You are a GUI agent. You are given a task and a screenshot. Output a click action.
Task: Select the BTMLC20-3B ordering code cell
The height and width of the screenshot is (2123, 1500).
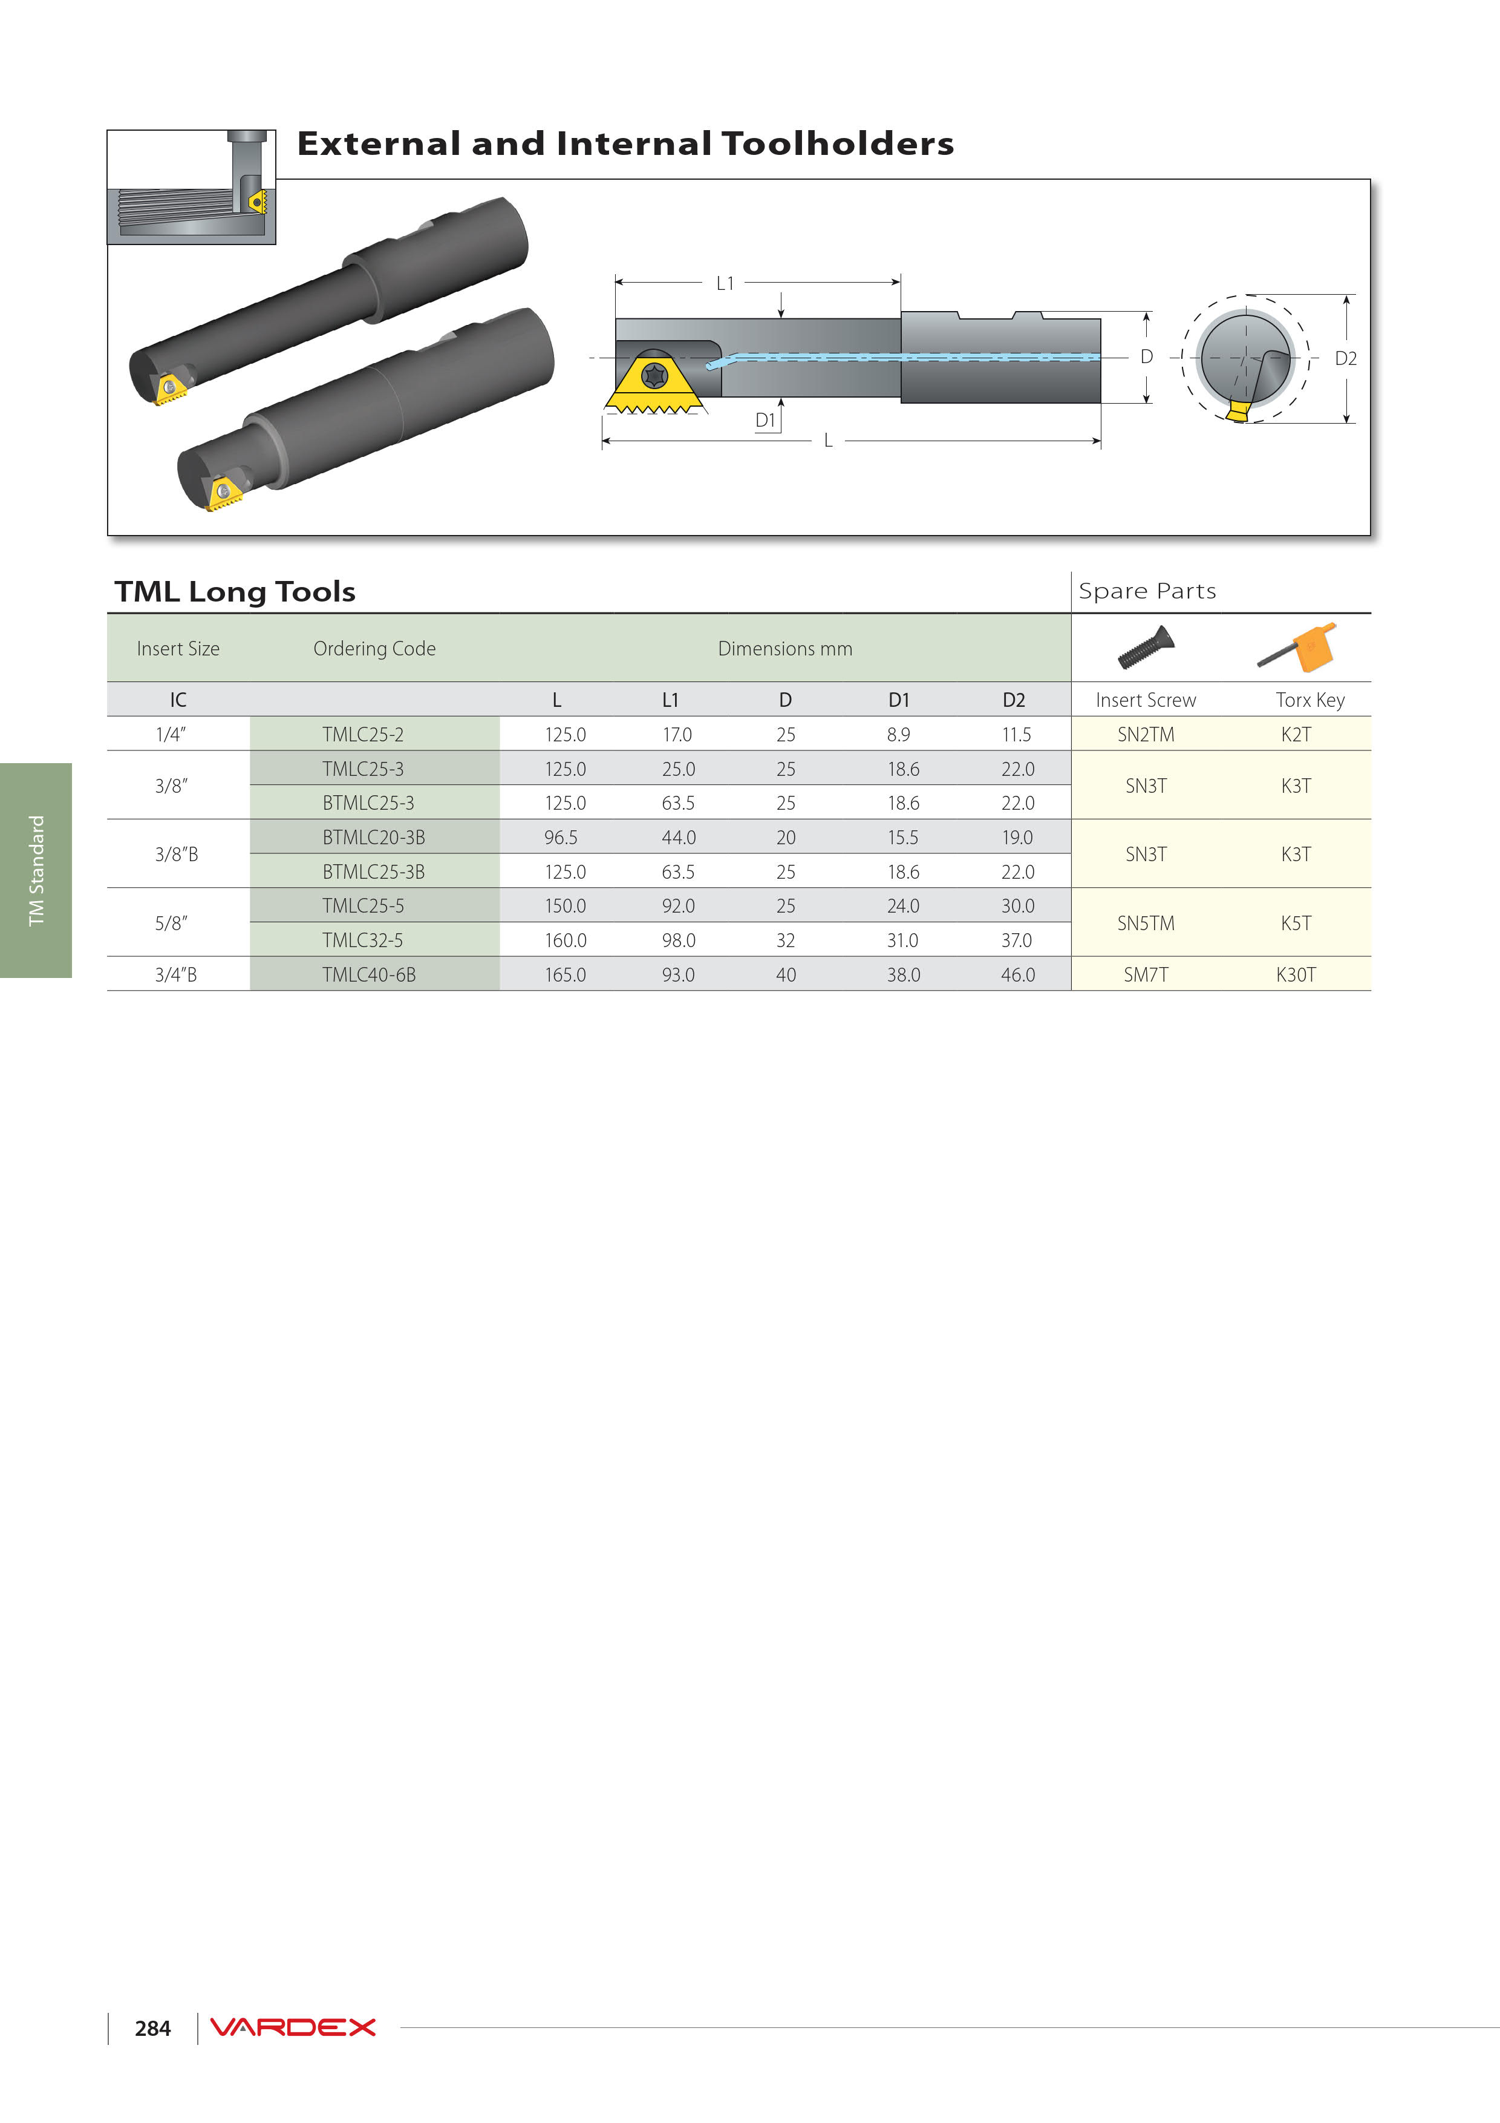click(x=373, y=837)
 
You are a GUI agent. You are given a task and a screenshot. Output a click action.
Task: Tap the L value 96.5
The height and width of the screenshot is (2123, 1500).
click(x=561, y=837)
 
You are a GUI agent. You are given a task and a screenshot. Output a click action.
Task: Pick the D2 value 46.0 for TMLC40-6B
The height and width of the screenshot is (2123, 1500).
click(x=1017, y=974)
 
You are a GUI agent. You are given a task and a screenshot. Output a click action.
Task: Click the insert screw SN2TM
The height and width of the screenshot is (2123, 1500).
click(x=1146, y=734)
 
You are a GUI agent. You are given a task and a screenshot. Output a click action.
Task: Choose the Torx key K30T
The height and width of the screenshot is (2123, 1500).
click(x=1296, y=974)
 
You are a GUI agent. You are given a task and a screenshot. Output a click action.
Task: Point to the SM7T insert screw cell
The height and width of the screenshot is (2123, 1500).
click(x=1146, y=974)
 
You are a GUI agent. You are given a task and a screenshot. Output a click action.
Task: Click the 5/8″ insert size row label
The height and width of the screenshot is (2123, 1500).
click(x=171, y=923)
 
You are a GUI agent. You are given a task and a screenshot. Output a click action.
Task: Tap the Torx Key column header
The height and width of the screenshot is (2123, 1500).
click(x=1309, y=700)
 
